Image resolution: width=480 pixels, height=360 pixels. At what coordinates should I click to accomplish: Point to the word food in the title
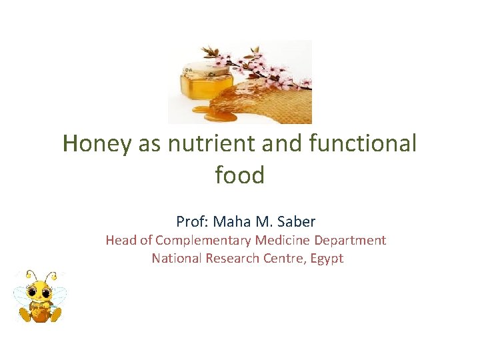point(239,175)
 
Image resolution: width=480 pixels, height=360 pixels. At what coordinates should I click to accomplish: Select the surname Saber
point(294,221)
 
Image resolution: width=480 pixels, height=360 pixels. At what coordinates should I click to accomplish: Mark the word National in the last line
point(176,258)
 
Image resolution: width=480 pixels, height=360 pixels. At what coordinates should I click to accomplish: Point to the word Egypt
point(325,259)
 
